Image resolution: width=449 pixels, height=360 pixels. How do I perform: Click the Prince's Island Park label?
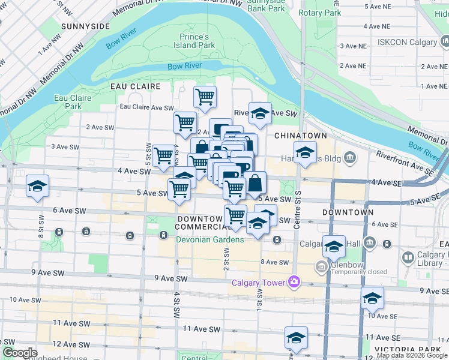194,41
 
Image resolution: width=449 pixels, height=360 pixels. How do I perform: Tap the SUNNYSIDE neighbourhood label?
85,26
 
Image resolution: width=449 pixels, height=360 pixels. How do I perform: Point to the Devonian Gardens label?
209,239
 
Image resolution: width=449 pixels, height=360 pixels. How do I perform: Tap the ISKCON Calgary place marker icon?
444,42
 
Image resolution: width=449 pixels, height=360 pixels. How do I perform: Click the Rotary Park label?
319,13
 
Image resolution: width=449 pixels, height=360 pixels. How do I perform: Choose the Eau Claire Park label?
73,102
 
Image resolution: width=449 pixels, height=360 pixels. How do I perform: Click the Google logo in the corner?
20,353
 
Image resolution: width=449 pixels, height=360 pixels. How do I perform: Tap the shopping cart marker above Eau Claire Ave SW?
205,97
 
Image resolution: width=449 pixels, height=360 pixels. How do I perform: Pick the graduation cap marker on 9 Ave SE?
372,298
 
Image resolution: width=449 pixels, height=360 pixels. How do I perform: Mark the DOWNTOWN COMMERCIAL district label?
200,223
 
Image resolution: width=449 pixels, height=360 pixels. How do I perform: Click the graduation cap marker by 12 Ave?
296,338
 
